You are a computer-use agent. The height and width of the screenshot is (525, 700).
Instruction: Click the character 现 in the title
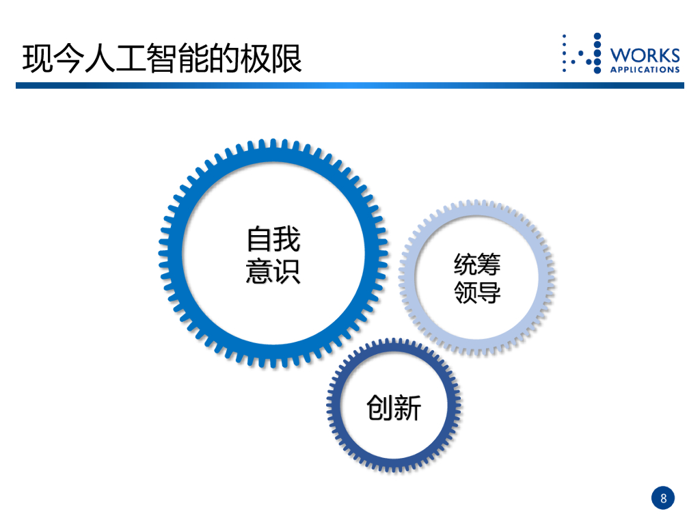pos(36,59)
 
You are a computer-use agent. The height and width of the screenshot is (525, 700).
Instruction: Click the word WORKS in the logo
pos(645,55)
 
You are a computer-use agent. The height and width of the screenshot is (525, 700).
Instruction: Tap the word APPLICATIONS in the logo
pos(645,69)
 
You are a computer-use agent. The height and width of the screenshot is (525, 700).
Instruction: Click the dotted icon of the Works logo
pos(582,53)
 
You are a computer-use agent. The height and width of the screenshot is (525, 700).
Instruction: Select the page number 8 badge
pos(662,498)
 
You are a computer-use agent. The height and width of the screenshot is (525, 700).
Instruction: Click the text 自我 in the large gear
pos(273,241)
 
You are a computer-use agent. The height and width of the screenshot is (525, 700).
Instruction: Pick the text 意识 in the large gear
pos(273,271)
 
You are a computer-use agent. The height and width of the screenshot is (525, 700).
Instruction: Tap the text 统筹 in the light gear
pos(477,265)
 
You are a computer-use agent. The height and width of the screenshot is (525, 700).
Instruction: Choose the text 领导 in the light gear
pos(477,293)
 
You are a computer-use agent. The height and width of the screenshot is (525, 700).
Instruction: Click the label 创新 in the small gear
pos(394,408)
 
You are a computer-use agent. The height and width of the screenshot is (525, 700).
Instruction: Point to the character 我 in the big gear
pos(287,241)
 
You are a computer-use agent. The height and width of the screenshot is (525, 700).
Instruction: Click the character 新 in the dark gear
pos(408,408)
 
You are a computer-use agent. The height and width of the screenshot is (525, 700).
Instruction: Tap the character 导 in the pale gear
pos(489,293)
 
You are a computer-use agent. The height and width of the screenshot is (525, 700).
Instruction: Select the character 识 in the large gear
pos(287,271)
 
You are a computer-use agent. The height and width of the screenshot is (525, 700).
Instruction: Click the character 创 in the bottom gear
pos(380,408)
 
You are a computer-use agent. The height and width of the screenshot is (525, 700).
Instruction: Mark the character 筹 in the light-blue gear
pos(489,265)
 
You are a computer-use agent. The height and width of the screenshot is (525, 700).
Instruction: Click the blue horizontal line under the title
pos(350,85)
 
